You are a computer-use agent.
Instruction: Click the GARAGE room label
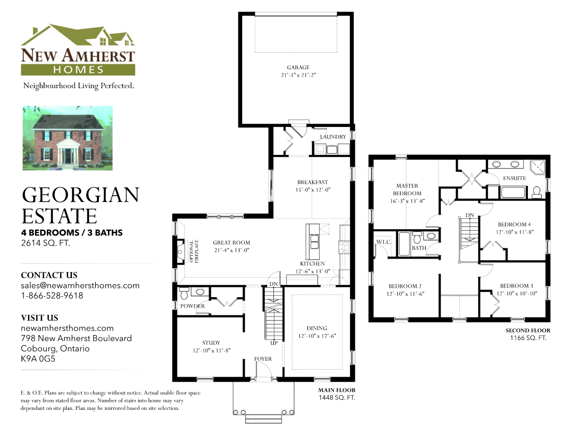click(298, 67)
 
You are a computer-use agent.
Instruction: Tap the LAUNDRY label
click(333, 137)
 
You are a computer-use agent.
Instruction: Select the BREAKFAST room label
click(312, 182)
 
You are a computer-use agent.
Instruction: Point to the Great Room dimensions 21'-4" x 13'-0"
click(231, 250)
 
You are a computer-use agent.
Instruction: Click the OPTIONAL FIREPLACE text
click(192, 252)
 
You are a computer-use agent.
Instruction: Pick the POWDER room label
click(193, 306)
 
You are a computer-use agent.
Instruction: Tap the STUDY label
click(211, 343)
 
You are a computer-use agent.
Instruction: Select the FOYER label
click(263, 359)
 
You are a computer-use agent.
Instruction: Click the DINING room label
click(316, 328)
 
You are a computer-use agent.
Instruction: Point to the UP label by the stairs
click(273, 343)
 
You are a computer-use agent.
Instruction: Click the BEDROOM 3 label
click(517, 286)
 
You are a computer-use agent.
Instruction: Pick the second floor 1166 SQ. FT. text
click(528, 338)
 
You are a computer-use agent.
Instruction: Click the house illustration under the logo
click(68, 137)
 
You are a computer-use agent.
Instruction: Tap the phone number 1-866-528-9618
click(52, 296)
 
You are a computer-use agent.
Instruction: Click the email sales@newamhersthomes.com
click(80, 286)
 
